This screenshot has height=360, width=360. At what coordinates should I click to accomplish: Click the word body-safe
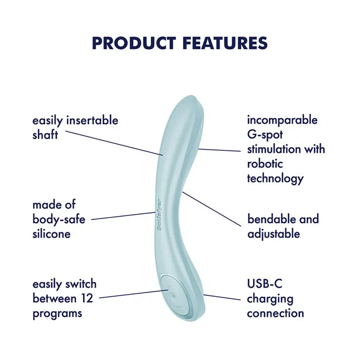[x=59, y=220]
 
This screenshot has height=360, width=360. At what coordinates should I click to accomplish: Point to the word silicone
[x=51, y=234]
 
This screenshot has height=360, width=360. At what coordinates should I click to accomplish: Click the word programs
[x=56, y=313]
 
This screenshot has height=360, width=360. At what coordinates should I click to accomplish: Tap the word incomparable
[x=282, y=120]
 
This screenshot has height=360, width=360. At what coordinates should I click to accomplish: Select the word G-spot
[x=265, y=135]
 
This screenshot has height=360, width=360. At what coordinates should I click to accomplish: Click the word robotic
[x=265, y=164]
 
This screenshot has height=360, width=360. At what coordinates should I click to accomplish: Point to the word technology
[x=275, y=179]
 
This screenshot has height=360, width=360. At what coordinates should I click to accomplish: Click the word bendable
[x=272, y=219]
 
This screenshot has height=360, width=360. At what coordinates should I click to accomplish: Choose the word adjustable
[x=273, y=234]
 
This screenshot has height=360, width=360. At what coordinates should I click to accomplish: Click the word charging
[x=269, y=298]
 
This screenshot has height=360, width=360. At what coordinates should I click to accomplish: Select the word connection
[x=275, y=313]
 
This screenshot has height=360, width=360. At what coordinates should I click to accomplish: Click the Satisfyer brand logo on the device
[x=158, y=213]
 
